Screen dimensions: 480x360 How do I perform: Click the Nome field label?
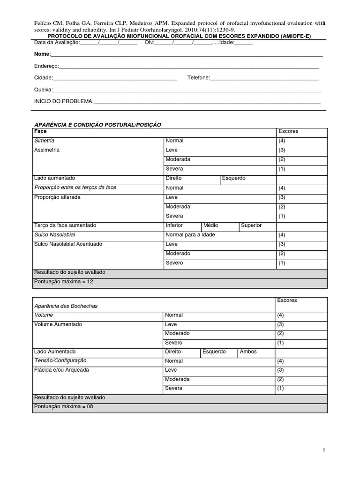tap(42, 54)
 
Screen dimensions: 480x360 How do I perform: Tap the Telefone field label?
tap(198, 78)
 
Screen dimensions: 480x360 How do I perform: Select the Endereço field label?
tap(46, 67)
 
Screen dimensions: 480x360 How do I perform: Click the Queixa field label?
tap(43, 90)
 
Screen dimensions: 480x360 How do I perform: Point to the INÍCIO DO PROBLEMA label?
tap(64, 101)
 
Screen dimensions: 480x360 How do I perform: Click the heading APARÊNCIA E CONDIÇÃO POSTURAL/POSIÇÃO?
tap(97, 124)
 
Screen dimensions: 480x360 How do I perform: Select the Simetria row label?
tap(45, 141)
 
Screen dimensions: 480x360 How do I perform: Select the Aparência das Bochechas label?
tap(66, 306)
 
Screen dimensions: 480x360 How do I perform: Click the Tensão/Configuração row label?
tap(60, 361)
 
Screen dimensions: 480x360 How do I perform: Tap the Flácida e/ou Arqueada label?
tap(61, 370)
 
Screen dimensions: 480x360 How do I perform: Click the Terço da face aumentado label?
tap(65, 225)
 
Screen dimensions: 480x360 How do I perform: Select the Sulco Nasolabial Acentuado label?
tap(68, 244)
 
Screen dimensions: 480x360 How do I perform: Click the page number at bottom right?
tap(323, 450)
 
